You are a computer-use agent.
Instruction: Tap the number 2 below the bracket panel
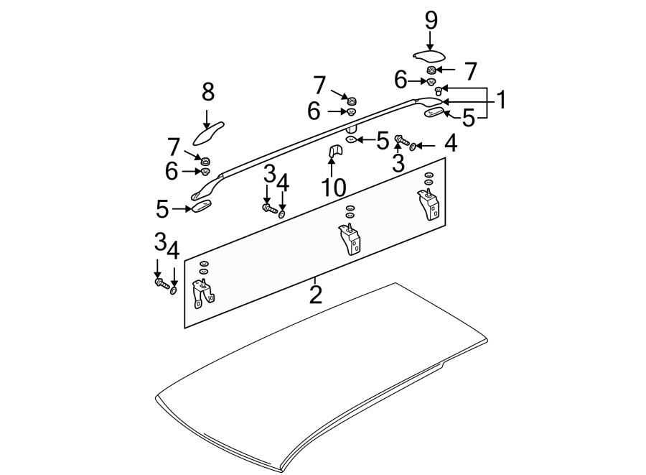click(315, 294)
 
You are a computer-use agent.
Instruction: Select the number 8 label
click(207, 92)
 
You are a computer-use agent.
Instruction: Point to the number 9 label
click(431, 20)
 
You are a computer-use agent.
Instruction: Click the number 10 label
click(334, 188)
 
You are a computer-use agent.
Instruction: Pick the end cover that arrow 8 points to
click(210, 134)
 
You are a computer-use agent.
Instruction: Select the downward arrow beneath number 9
click(431, 41)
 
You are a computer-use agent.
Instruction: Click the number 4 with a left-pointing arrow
click(450, 144)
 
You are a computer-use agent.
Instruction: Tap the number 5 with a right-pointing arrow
click(163, 209)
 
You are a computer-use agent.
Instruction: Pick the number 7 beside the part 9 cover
click(470, 70)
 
